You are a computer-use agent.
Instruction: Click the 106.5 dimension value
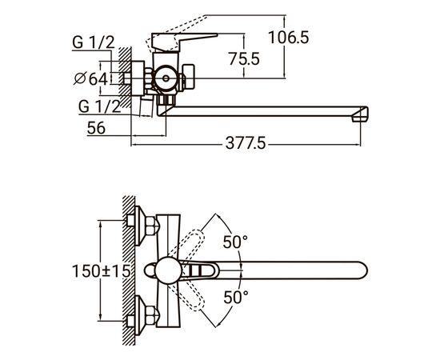(x=289, y=38)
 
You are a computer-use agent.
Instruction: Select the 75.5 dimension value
(x=244, y=59)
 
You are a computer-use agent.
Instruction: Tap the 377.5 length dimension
(x=246, y=143)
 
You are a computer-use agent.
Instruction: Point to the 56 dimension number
(x=96, y=128)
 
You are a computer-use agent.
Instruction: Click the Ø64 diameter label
(x=90, y=78)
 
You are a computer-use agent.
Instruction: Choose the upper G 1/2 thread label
(x=94, y=42)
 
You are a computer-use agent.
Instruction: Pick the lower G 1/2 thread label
(x=100, y=106)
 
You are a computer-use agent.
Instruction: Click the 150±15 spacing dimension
(x=102, y=271)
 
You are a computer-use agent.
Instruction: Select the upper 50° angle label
(x=235, y=242)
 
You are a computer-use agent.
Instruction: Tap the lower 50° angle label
(x=236, y=297)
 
